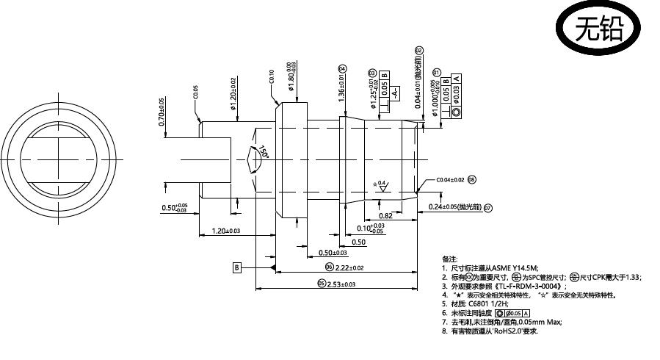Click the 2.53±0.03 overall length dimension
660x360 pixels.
[341, 284]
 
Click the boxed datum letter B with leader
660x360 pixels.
[237, 267]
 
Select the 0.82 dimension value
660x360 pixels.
[385, 216]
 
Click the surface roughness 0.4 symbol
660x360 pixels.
[381, 185]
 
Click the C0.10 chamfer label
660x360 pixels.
[271, 76]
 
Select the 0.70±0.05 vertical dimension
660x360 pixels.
[162, 112]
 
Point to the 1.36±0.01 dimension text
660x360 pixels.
[342, 85]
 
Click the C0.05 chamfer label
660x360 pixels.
[196, 93]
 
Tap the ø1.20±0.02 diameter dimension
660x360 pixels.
[233, 93]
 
